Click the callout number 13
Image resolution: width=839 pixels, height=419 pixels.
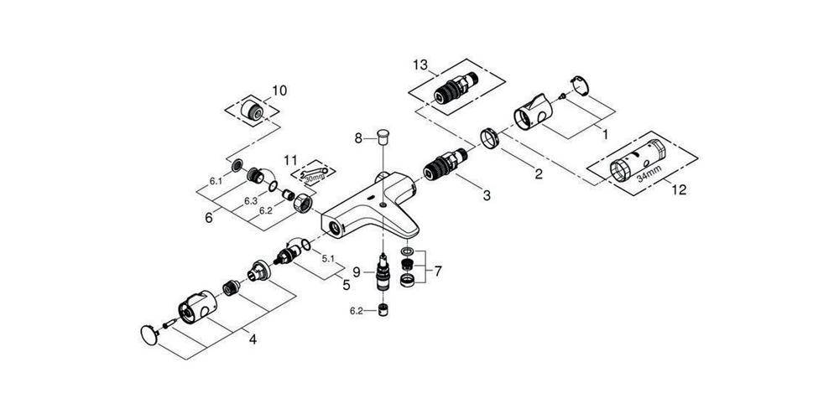coord(420,65)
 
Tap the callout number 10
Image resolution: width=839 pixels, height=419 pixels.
coord(279,91)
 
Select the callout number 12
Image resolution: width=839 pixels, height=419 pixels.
coord(679,189)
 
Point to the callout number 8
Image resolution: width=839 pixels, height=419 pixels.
coord(359,138)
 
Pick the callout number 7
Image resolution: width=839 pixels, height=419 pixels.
coord(438,272)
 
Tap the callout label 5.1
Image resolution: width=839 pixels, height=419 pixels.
coord(327,258)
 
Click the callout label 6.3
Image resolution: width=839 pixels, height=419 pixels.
coord(251,201)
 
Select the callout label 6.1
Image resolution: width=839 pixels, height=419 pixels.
coord(216,182)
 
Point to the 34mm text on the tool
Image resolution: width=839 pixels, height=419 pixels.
coord(649,173)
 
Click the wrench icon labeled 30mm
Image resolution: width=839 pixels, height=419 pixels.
coord(314,173)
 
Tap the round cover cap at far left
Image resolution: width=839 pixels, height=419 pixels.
coord(149,334)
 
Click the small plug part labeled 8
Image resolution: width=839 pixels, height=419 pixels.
coord(382,135)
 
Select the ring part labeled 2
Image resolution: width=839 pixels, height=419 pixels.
coord(489,138)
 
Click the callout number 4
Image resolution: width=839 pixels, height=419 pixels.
coord(253,339)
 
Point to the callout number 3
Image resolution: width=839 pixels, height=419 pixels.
coord(486,196)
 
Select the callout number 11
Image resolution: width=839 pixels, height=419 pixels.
coord(290,160)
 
